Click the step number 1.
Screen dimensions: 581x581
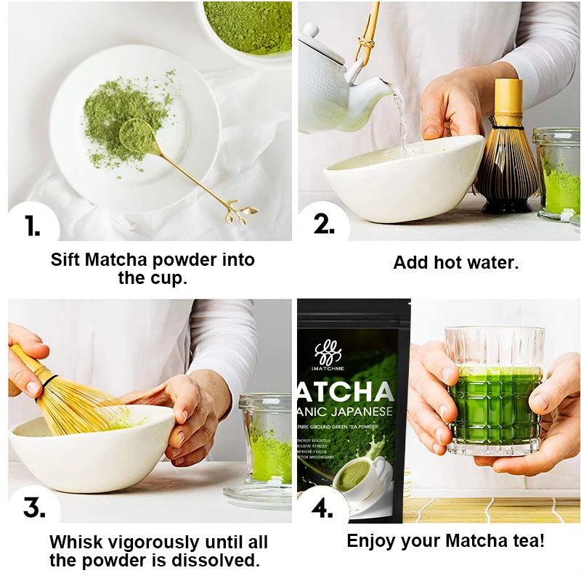pos(32,226)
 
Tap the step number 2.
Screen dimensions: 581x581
pos(323,225)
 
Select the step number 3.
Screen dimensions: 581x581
pos(33,508)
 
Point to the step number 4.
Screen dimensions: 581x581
pos(322,508)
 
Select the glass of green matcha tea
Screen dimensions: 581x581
pos(495,392)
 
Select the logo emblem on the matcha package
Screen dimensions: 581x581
pos(328,354)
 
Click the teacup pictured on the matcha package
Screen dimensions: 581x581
pos(356,479)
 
